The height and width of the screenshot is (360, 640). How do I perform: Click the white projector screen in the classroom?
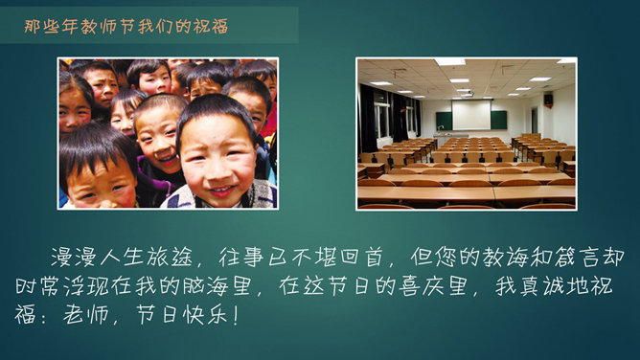(471, 115)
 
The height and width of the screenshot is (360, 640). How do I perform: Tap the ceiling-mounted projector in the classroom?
(468, 93)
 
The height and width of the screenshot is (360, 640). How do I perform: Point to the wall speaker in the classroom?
(548, 99)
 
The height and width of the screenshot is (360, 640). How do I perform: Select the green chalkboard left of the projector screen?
(444, 120)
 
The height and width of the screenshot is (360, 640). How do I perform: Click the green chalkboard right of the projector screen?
(499, 119)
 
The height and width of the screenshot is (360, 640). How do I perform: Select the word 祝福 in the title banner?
(213, 26)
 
